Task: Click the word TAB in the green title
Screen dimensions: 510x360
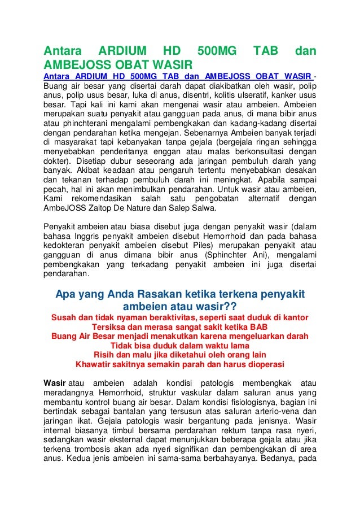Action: [265, 51]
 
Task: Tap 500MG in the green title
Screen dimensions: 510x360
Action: [218, 51]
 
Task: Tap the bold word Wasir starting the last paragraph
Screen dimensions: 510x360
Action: [55, 384]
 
